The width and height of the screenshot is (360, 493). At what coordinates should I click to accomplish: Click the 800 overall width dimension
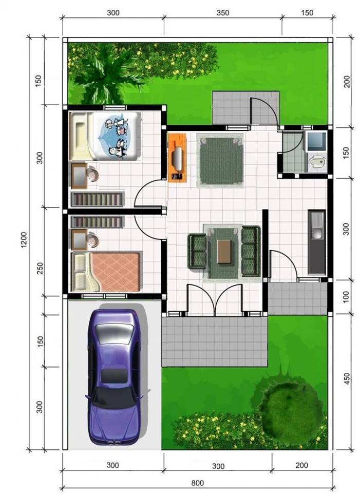(197, 483)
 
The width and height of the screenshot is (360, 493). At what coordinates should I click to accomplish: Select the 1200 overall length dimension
(24, 240)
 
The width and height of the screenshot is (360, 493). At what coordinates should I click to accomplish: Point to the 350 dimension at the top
(222, 12)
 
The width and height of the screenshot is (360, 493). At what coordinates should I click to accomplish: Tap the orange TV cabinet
(177, 157)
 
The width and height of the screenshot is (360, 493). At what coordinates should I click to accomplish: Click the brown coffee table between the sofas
(224, 252)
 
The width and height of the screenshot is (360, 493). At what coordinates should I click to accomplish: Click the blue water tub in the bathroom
(316, 141)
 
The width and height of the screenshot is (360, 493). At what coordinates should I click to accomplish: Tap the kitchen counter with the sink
(317, 242)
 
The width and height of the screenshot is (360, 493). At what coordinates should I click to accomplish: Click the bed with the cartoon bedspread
(105, 137)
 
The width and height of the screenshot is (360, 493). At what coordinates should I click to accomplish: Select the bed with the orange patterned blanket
(106, 272)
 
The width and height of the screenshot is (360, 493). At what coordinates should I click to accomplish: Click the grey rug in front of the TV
(220, 160)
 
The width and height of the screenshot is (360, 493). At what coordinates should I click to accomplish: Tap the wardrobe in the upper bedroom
(98, 199)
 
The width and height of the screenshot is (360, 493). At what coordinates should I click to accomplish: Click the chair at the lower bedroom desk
(93, 240)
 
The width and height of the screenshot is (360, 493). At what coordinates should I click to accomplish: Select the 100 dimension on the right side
(346, 296)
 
